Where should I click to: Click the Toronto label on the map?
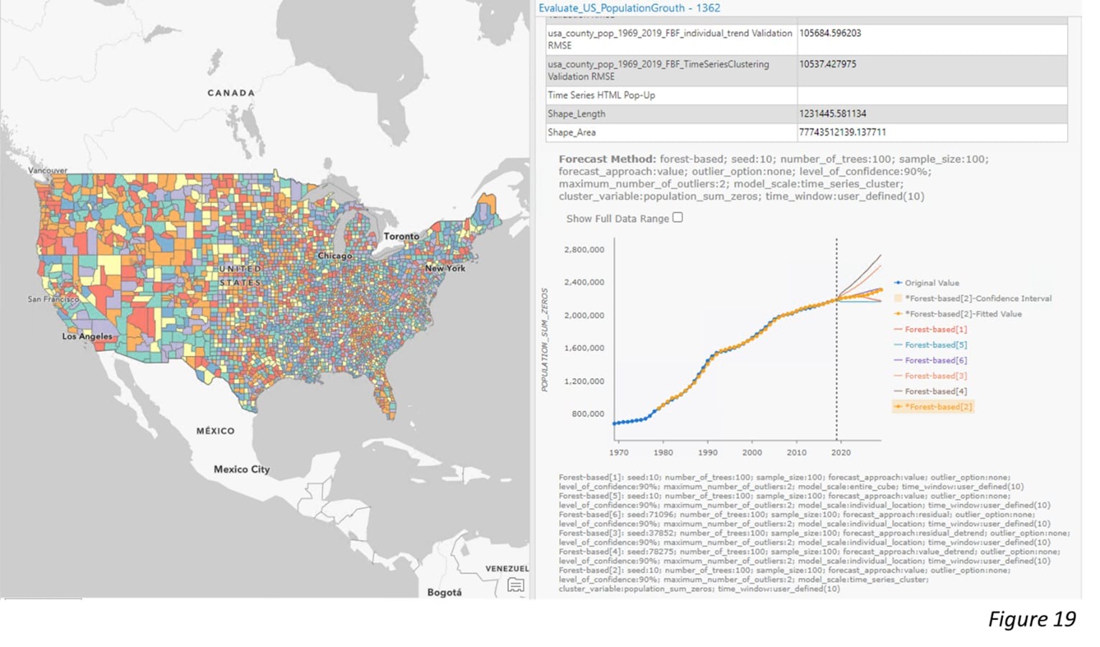click(x=401, y=236)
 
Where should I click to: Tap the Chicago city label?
click(x=335, y=256)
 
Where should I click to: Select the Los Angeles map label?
click(x=87, y=336)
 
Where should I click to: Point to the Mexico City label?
click(x=241, y=469)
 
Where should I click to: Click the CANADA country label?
click(x=230, y=93)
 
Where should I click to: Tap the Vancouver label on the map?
click(x=47, y=170)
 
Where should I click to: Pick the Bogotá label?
click(x=444, y=592)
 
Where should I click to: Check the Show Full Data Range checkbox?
click(x=678, y=218)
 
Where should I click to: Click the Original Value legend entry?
click(x=931, y=283)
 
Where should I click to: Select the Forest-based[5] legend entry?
click(x=936, y=345)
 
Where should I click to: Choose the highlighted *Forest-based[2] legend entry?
click(x=938, y=406)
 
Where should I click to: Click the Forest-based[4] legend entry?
click(x=936, y=391)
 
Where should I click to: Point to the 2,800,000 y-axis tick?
click(x=584, y=250)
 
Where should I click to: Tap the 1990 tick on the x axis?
click(x=707, y=452)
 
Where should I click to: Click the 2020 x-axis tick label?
click(x=841, y=452)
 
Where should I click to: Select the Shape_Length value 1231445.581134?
click(x=832, y=113)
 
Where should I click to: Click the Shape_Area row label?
click(x=572, y=132)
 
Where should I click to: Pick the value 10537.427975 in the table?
click(x=827, y=64)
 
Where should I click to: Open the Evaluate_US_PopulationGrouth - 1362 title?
click(x=629, y=8)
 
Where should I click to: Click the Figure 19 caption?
click(x=1032, y=619)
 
